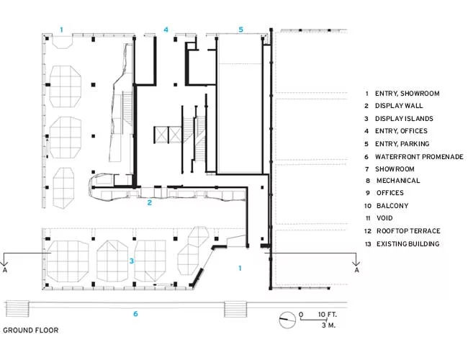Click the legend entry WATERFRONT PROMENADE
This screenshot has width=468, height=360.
coord(419,157)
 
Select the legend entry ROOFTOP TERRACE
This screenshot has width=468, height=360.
coord(408,231)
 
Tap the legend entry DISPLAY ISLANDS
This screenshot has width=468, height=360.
coord(404,119)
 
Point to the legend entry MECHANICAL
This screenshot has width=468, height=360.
coord(398,181)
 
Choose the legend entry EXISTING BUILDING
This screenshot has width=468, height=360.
coord(408,244)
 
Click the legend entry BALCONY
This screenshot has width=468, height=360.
coord(392,206)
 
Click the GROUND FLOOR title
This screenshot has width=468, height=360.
coord(31,330)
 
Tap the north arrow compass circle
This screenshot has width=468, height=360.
coord(287,320)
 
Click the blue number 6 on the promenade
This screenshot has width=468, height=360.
coord(135,314)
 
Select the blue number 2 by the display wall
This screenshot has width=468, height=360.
coord(150,203)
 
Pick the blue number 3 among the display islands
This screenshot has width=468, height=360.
coord(132,261)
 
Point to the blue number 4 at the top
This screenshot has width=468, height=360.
coord(166,30)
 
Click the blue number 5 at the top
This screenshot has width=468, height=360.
coord(241,30)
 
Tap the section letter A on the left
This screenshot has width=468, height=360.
coord(5,270)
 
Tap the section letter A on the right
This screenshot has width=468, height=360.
coord(356,270)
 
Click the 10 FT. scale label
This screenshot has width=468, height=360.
coord(327,315)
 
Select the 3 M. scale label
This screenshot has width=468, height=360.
coord(328,325)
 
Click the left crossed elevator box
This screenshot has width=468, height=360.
coord(161,135)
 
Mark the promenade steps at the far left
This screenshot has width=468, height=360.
coord(17,309)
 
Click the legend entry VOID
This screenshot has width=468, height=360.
coord(384,218)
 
